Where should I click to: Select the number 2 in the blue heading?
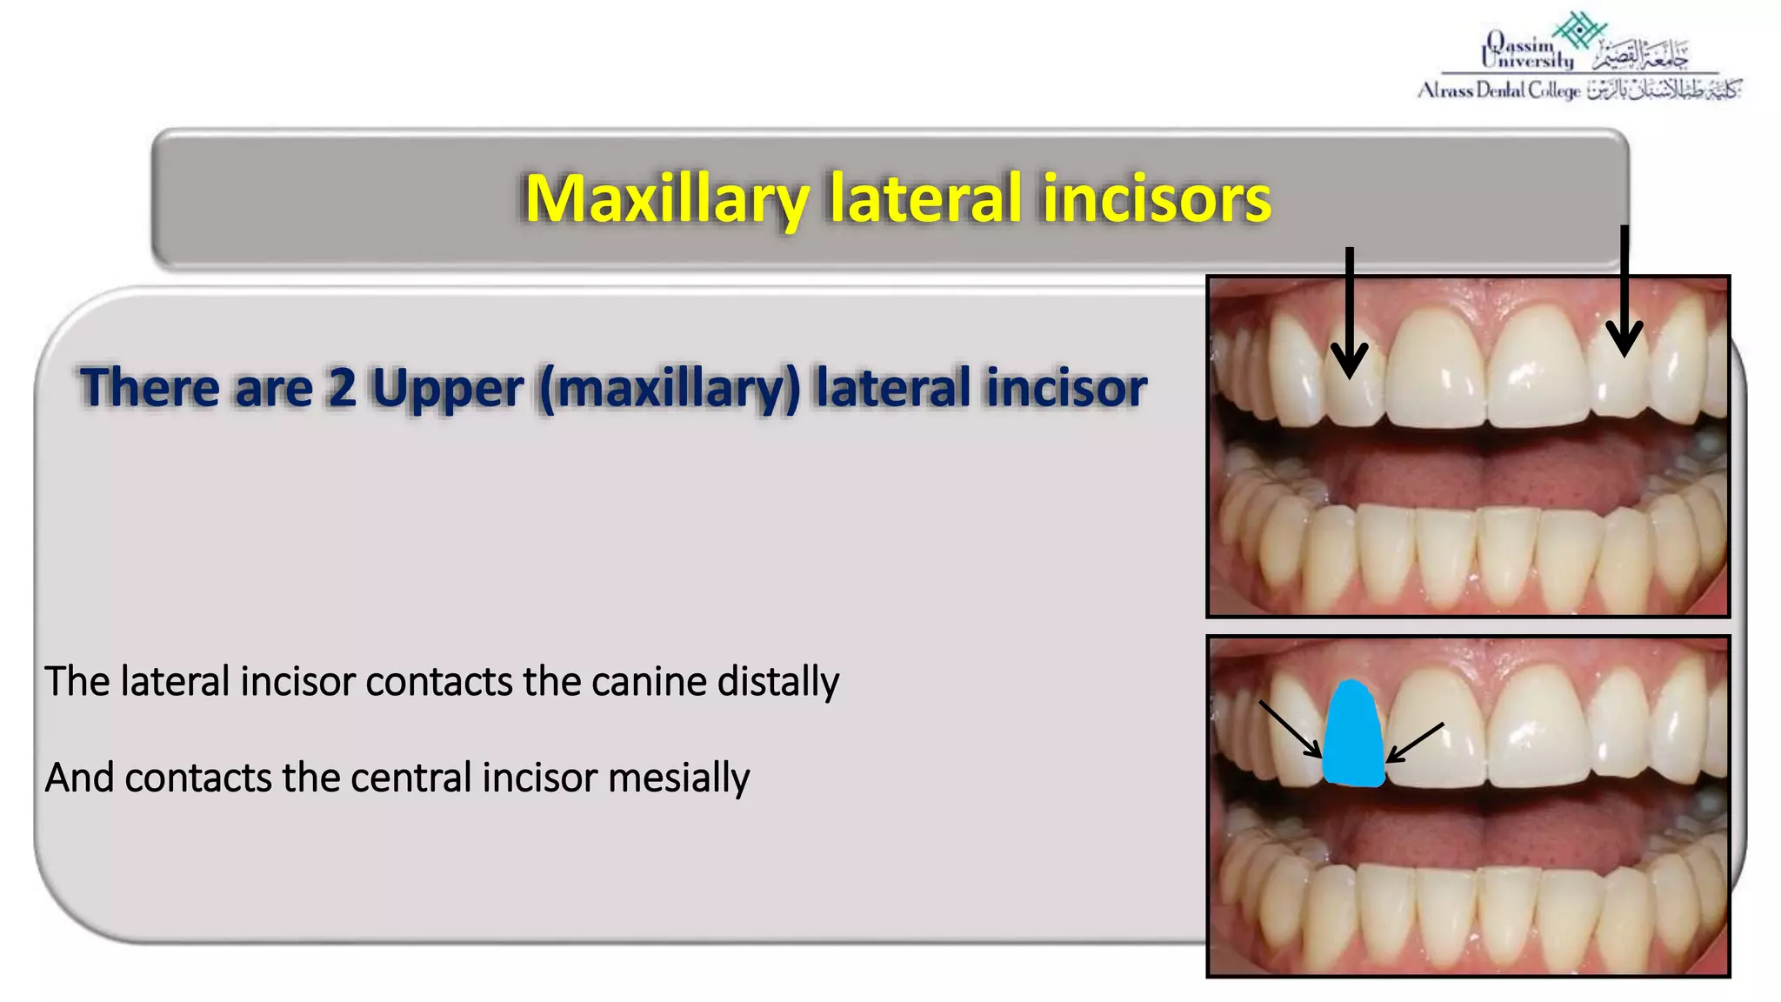[342, 388]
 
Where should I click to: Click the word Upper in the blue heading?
[447, 388]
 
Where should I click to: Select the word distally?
[777, 681]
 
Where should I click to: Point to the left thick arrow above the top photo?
[1350, 313]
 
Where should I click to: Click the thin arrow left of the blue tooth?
[1291, 729]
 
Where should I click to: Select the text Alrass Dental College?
[1498, 90]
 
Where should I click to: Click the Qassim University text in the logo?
[1526, 52]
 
